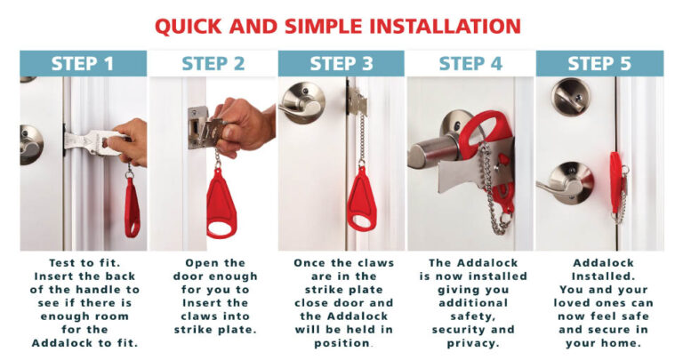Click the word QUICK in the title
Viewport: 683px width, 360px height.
[191, 25]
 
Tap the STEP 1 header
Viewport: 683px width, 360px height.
[83, 63]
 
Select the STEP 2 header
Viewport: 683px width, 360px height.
[213, 63]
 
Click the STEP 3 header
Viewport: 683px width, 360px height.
[341, 63]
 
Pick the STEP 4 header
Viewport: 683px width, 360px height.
[470, 63]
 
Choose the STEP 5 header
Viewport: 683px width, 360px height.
[599, 63]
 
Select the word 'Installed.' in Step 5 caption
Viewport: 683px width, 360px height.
[599, 277]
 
